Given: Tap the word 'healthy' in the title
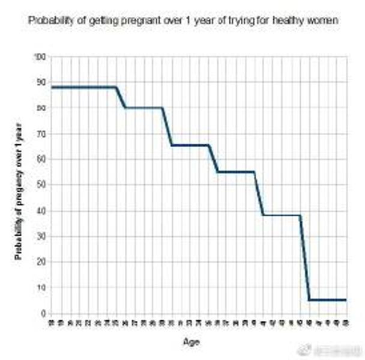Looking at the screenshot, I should click(287, 20).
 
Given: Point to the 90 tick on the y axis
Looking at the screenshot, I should click(41, 82).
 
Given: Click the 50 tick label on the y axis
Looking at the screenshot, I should click(41, 185).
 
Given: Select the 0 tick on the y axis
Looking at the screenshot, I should click(43, 314).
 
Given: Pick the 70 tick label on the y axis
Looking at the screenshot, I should click(41, 133).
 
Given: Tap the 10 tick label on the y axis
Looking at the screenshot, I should click(41, 288).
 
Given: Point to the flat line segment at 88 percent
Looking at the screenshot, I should click(84, 87).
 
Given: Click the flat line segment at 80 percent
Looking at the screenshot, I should click(143, 108).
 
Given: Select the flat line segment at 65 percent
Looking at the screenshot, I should click(190, 145).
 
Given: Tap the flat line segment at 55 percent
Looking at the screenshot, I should click(235, 172).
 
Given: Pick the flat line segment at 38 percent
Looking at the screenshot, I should click(282, 215).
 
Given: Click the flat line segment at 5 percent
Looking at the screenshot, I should click(328, 300).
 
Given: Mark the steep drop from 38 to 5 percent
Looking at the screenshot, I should click(304, 258).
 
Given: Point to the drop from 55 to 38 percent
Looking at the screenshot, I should click(259, 194).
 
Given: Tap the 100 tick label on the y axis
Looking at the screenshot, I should click(40, 56).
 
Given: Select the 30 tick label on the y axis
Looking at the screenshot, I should click(41, 236).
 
